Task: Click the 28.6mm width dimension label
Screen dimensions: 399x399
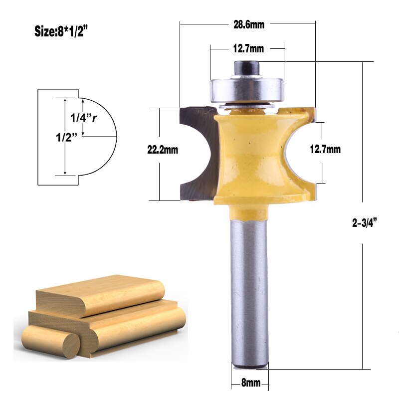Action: (248, 24)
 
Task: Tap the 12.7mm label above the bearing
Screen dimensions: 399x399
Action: (248, 49)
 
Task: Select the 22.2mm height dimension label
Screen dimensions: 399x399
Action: (163, 149)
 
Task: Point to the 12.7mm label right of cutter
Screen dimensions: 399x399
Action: (325, 149)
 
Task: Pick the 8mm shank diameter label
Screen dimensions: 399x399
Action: (250, 383)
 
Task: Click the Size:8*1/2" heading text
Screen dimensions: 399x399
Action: (61, 31)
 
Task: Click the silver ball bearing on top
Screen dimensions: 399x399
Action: (246, 87)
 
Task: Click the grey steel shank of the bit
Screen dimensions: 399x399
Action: (250, 289)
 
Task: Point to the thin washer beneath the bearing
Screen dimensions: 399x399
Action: (247, 104)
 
